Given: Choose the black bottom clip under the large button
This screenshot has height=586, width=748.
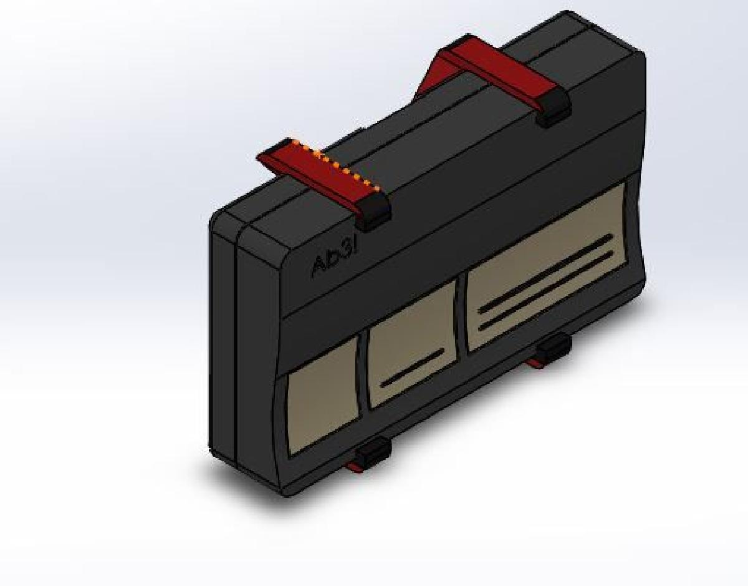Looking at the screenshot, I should tap(554, 347).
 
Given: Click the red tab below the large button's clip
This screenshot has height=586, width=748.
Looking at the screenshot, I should tap(535, 361).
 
